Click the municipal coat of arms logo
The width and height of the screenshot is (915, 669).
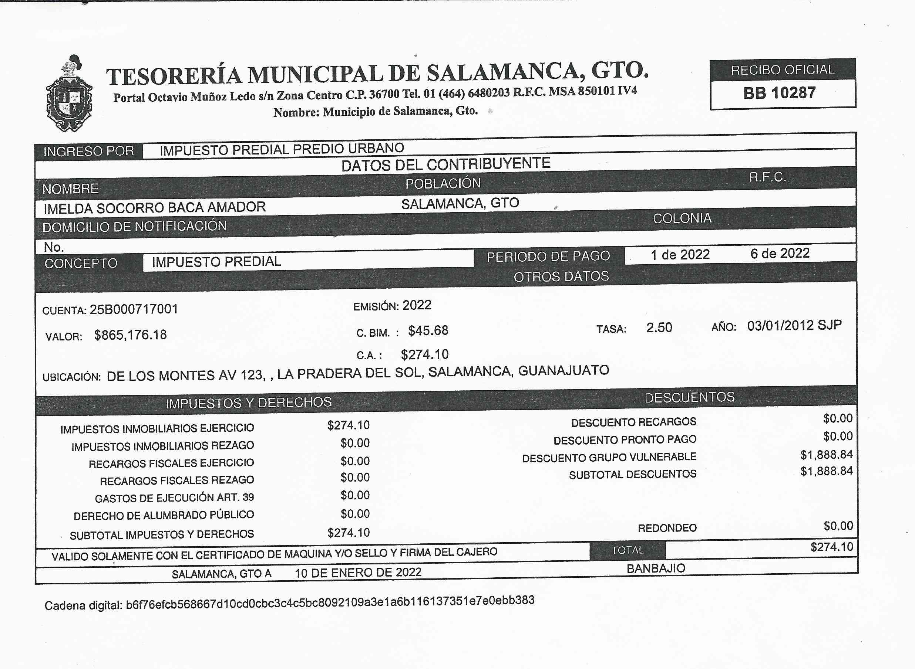coord(69,94)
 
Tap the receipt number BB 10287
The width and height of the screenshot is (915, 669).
coord(779,93)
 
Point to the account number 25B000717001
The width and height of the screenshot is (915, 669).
coord(134,309)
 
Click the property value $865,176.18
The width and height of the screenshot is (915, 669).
coord(130,335)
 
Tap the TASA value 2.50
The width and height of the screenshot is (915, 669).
coord(659,327)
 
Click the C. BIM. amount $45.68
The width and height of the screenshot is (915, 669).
coord(428,331)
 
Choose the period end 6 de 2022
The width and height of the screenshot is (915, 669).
coord(779,254)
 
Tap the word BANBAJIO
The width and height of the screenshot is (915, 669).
coord(656,568)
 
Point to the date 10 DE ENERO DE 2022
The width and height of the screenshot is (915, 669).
coord(358,573)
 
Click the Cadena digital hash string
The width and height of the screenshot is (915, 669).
coord(330,602)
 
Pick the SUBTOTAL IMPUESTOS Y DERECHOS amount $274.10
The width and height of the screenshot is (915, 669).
coord(348,533)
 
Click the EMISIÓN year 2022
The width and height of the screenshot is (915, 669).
coord(416,305)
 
